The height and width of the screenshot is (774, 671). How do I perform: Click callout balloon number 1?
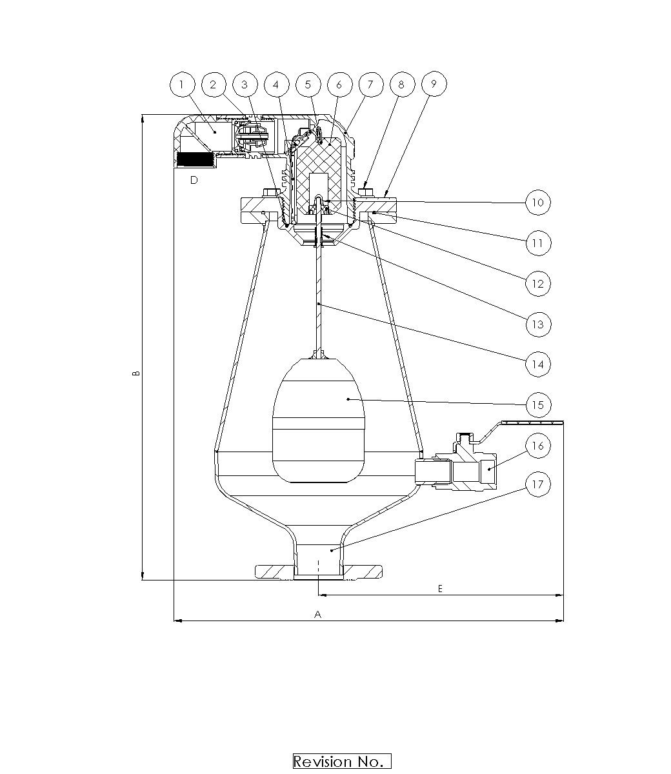pos(182,84)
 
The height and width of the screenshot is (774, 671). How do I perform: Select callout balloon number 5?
pos(308,84)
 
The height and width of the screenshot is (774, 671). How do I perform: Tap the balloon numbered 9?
pos(434,84)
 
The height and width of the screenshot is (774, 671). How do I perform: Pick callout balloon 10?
pos(537,203)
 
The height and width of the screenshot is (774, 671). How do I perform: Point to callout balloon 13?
pos(537,324)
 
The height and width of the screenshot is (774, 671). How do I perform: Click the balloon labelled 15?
pos(537,405)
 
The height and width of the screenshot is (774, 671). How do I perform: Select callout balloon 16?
pos(537,446)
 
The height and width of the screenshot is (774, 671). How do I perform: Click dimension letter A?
pos(317,615)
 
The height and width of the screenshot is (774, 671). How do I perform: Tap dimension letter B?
pos(136,374)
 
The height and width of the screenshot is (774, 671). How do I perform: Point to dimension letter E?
pos(440,588)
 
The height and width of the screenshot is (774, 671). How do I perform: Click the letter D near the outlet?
pos(194,181)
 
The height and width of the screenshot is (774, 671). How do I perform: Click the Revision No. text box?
pos(342,761)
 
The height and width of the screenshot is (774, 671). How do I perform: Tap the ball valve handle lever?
pos(529,423)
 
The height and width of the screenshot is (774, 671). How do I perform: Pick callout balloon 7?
pos(370,84)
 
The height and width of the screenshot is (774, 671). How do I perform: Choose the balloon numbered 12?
pos(537,283)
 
